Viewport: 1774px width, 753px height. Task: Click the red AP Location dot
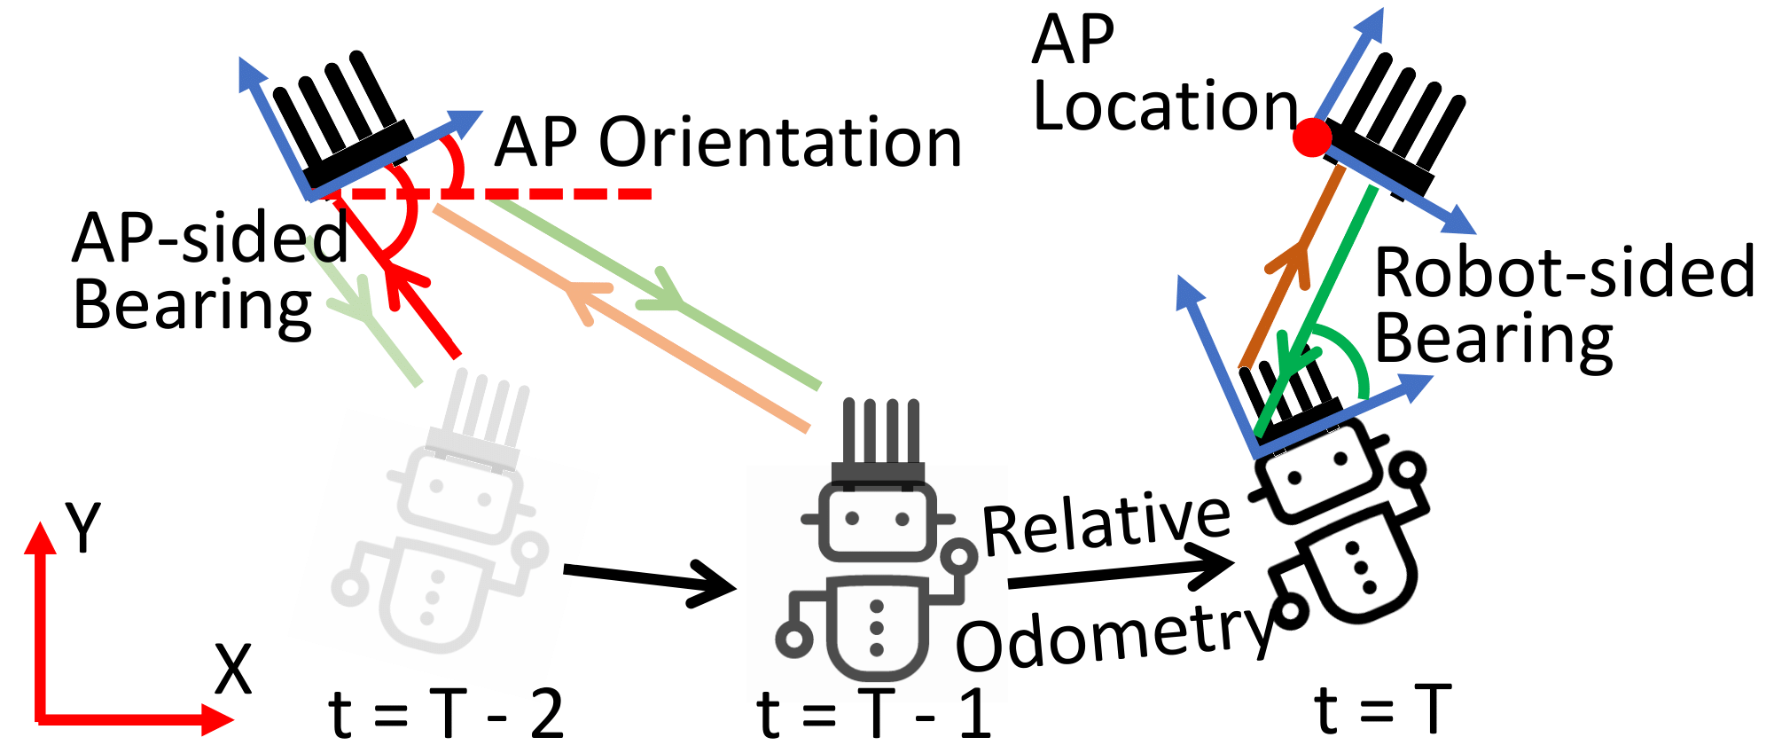tap(1311, 137)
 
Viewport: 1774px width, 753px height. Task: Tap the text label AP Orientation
tap(727, 143)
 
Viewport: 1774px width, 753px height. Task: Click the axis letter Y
tap(83, 528)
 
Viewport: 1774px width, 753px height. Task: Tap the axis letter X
tap(233, 671)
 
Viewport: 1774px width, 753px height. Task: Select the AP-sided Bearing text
tap(208, 271)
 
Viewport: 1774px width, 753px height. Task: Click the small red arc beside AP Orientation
tap(456, 164)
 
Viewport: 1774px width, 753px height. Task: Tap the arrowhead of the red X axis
tap(217, 718)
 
